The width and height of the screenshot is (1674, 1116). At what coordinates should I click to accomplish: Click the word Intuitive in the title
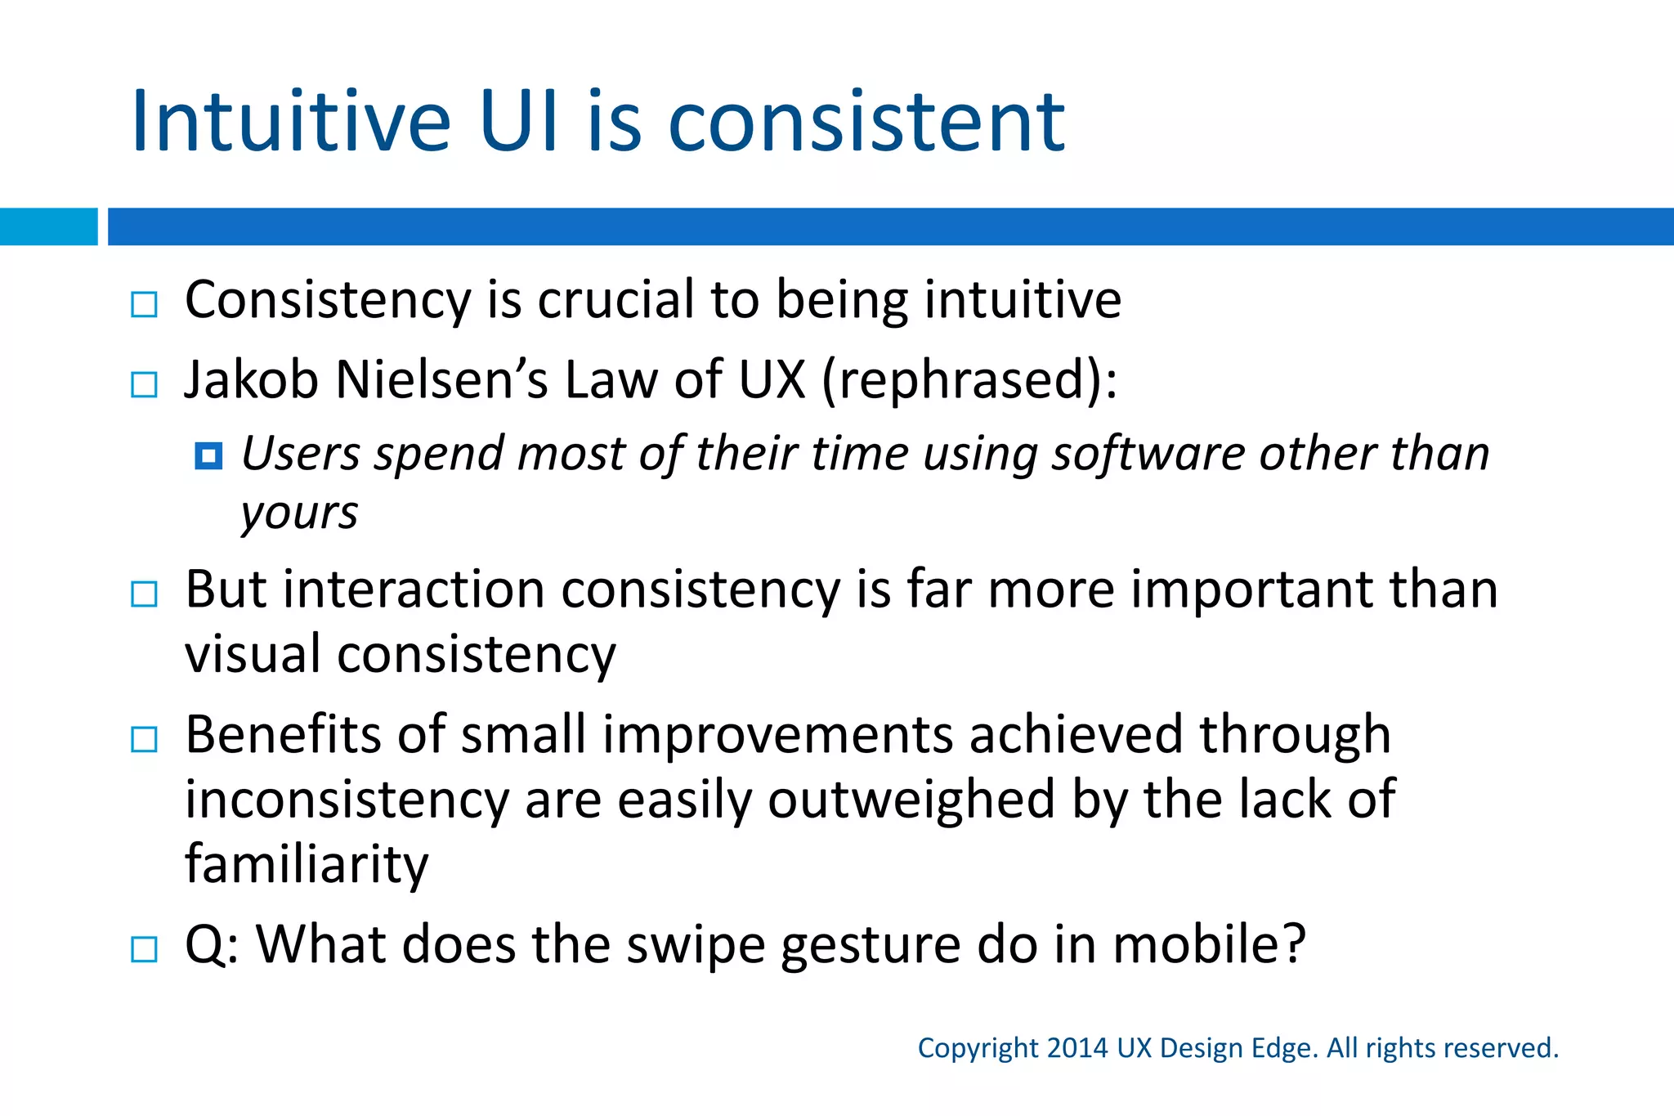coord(290,123)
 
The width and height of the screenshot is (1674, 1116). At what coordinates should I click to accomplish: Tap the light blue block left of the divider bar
coord(48,226)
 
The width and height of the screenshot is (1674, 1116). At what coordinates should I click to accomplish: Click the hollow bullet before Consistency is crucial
coord(144,305)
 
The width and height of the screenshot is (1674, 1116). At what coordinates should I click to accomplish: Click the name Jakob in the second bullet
coord(251,380)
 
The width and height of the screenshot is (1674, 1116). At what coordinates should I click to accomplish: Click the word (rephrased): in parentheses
coord(969,380)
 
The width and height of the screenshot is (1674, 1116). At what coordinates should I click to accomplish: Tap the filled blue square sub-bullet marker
coord(208,456)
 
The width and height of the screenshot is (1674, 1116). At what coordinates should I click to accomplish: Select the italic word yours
coord(299,514)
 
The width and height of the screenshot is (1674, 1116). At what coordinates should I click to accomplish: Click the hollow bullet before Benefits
coord(144,740)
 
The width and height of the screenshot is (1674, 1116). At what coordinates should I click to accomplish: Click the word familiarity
coord(307,864)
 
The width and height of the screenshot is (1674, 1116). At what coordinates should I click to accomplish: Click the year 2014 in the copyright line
coord(1076,1048)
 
